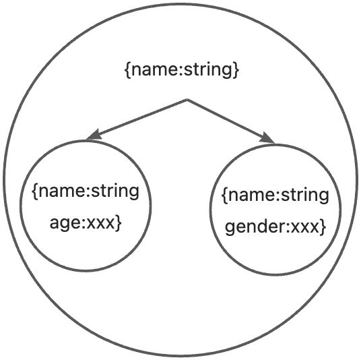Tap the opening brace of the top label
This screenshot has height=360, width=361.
tap(127, 70)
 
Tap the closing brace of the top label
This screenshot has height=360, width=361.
tap(236, 70)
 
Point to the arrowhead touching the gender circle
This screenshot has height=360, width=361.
tap(267, 138)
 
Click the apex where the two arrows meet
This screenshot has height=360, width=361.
tap(187, 100)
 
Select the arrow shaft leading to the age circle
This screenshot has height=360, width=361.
tap(141, 117)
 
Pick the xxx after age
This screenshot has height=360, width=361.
tap(100, 223)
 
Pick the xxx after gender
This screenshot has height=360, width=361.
tap(304, 227)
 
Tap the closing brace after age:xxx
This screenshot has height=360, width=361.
tap(119, 222)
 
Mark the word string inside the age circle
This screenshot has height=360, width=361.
tap(115, 191)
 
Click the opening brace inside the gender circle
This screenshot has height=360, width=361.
tap(224, 196)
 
